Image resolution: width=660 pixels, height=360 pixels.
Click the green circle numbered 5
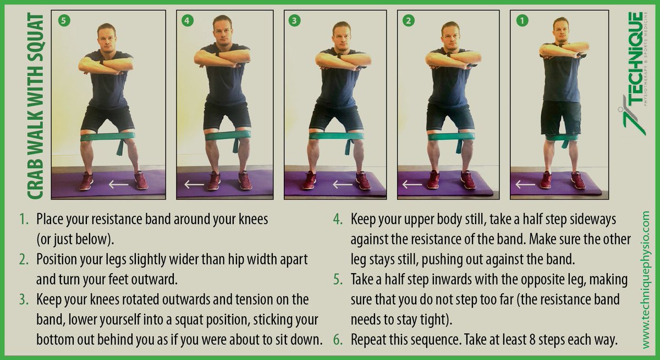[x=64, y=21]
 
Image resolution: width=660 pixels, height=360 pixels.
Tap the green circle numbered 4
[x=188, y=21]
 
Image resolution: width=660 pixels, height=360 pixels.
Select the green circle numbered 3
[x=294, y=21]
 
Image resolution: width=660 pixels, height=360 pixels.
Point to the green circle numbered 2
[x=408, y=21]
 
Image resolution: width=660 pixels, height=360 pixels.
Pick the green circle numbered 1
[x=522, y=21]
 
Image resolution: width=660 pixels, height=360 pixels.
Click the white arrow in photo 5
[x=118, y=185]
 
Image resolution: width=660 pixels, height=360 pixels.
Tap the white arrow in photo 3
[x=342, y=185]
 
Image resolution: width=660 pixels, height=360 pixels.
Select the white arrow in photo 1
[x=525, y=185]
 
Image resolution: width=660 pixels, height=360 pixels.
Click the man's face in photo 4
[x=222, y=31]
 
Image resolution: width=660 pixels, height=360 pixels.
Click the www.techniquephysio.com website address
[x=645, y=280]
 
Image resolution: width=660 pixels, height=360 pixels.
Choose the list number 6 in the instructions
[x=338, y=340]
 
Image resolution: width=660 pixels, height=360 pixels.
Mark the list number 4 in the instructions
[x=338, y=219]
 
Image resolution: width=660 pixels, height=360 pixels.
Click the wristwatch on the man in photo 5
[x=102, y=62]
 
